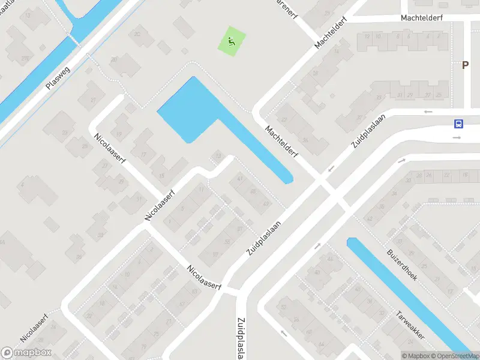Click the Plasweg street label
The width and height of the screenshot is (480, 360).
pos(58,78)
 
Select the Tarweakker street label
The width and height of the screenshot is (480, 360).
pos(410,325)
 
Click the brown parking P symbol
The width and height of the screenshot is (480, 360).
pos(465,65)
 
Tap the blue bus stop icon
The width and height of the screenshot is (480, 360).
pos(458,124)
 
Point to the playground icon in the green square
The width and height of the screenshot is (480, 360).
pos(232,41)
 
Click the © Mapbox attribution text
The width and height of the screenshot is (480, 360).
pos(416,356)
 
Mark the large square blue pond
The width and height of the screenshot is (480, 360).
pos(186,111)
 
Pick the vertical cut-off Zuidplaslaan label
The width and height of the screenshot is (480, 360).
pos(241,338)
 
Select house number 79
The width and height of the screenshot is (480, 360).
pos(157,334)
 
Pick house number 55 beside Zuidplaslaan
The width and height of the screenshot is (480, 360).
pos(227,242)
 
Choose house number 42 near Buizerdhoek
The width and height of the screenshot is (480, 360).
pos(370,218)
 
